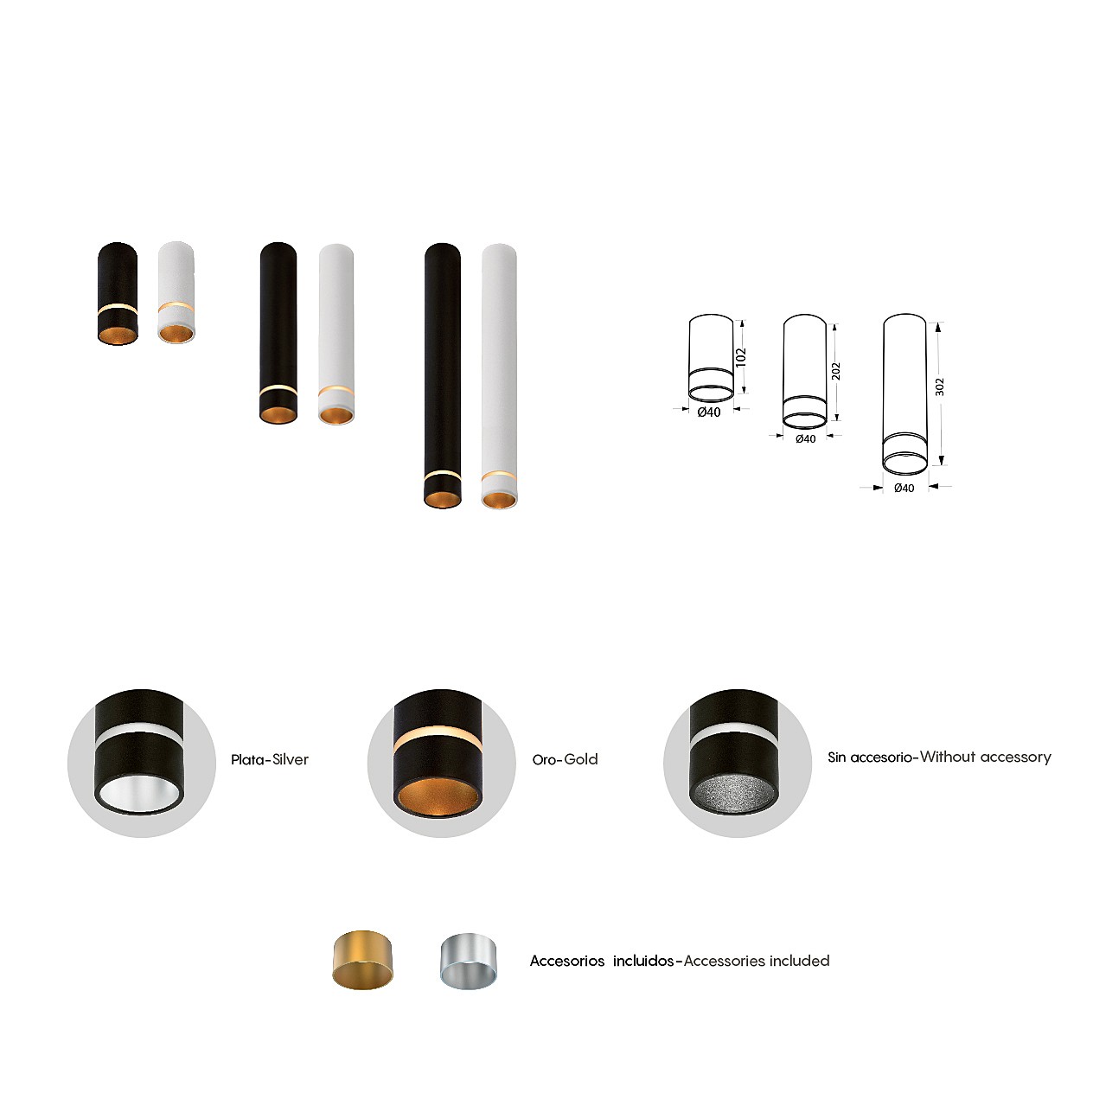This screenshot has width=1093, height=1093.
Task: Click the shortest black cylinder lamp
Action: (118, 293)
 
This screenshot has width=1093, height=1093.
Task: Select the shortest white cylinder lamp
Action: (176, 292)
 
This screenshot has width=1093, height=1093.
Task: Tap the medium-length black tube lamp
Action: (278, 333)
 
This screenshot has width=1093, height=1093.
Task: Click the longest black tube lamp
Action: (443, 375)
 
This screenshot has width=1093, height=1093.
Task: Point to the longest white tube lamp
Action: (499, 376)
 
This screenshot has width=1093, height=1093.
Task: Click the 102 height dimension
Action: (741, 357)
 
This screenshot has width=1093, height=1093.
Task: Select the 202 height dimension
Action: (835, 372)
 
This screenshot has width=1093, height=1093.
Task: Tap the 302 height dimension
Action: (939, 387)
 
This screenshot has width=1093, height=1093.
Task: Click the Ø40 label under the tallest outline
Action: (904, 488)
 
